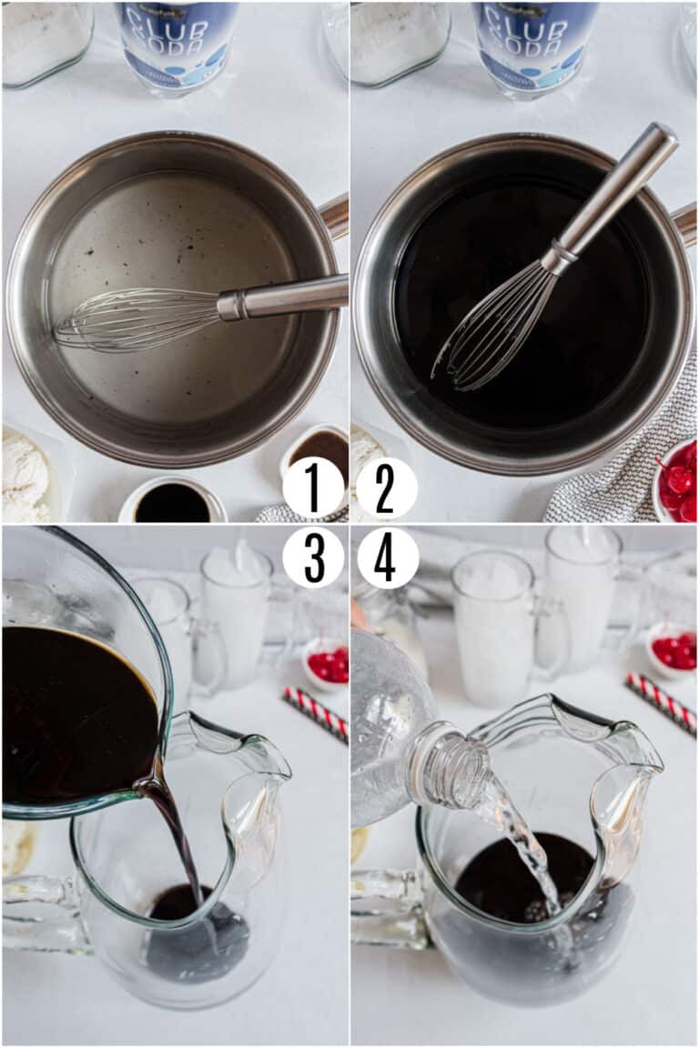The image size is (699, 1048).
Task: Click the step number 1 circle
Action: click(x=313, y=489)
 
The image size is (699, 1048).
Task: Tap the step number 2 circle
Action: click(x=386, y=489)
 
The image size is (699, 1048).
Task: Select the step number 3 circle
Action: click(x=313, y=557)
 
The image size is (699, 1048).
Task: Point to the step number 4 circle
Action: click(x=387, y=557)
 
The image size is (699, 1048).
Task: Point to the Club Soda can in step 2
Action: click(x=535, y=41)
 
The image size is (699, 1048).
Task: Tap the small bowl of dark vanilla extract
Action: click(x=173, y=502)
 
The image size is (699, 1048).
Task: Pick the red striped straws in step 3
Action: click(x=315, y=713)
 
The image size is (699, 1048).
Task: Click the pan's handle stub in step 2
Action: click(x=684, y=224)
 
